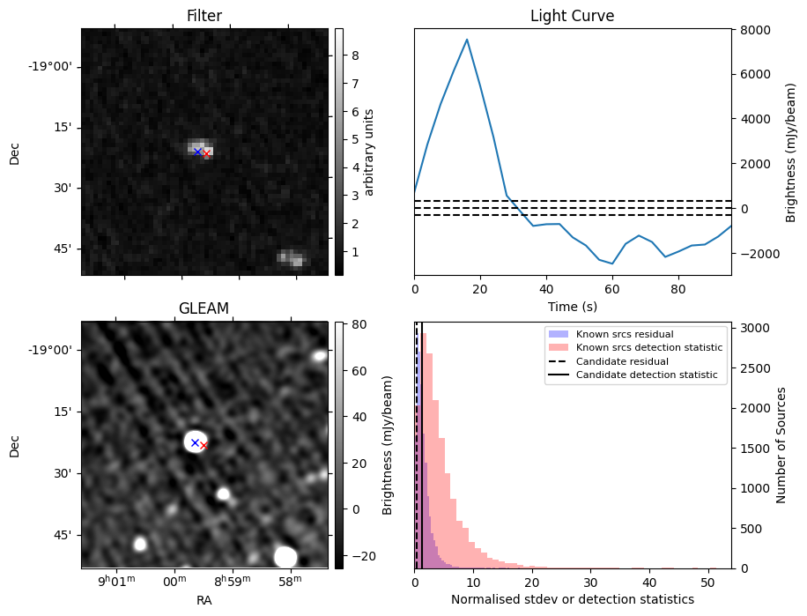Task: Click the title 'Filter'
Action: point(204,16)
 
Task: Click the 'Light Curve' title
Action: point(572,16)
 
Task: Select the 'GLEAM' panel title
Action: point(204,308)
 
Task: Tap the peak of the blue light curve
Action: point(467,39)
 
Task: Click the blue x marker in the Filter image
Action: point(197,152)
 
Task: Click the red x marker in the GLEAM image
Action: point(204,446)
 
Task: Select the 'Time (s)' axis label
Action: point(572,306)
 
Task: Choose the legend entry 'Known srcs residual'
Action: point(624,335)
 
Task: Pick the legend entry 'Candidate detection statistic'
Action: point(646,375)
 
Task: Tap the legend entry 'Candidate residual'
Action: point(622,362)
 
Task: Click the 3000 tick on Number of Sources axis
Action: point(751,328)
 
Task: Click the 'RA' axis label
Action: point(204,600)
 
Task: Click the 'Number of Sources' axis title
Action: point(782,445)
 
